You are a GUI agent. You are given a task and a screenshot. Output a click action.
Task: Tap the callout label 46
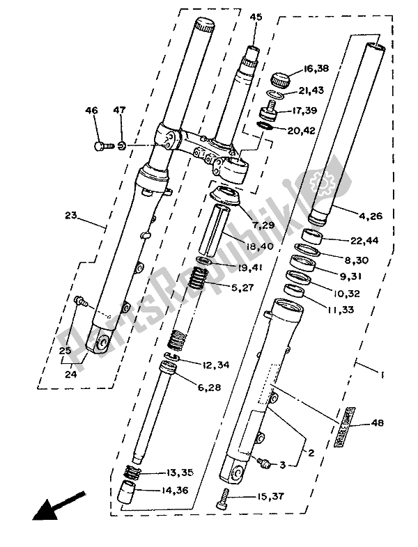coord(92,111)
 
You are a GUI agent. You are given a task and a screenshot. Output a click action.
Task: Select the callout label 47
coord(120,111)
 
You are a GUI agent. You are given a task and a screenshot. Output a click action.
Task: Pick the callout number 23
coord(70,216)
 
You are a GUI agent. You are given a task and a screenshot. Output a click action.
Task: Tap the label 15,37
coord(252,496)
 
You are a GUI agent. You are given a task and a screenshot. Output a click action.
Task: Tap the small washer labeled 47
coord(121,146)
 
